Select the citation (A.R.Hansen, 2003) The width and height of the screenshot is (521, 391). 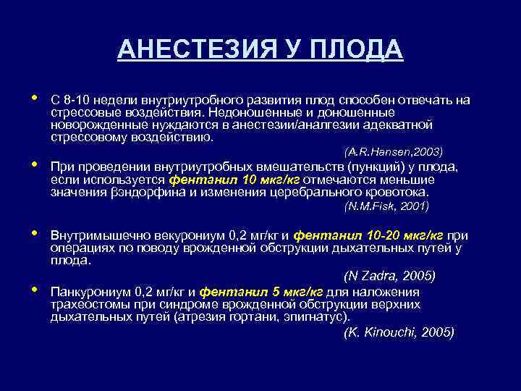click(x=394, y=151)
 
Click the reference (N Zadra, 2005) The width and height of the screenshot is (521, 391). click(x=389, y=277)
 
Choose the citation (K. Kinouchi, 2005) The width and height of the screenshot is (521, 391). click(x=399, y=332)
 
